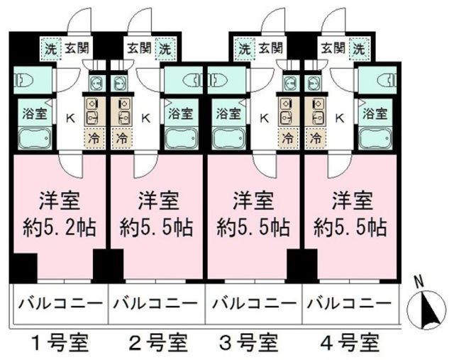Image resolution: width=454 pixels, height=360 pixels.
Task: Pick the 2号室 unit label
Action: [157, 344]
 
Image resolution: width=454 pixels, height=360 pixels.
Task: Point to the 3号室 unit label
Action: [255, 344]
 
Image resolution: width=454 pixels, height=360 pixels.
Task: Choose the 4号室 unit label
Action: [353, 344]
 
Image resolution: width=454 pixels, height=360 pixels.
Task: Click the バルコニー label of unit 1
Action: [59, 305]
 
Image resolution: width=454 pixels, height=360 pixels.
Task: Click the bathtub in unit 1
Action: [34, 138]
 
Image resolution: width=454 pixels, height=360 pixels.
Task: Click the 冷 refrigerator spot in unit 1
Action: [94, 137]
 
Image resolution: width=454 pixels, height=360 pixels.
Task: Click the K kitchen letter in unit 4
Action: [338, 118]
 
